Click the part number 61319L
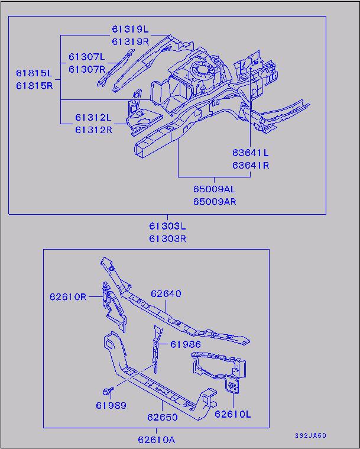coord(131,29)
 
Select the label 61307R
coord(86,69)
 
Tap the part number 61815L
coord(34,73)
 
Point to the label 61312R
coord(93,130)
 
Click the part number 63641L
coord(251,153)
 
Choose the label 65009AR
coord(214,201)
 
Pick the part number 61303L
coord(167,227)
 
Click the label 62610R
coord(68,296)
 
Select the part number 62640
coord(166,293)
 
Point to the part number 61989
coord(111,405)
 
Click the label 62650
coord(163,417)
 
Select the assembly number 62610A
coord(157,440)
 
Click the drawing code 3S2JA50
coord(311,436)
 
